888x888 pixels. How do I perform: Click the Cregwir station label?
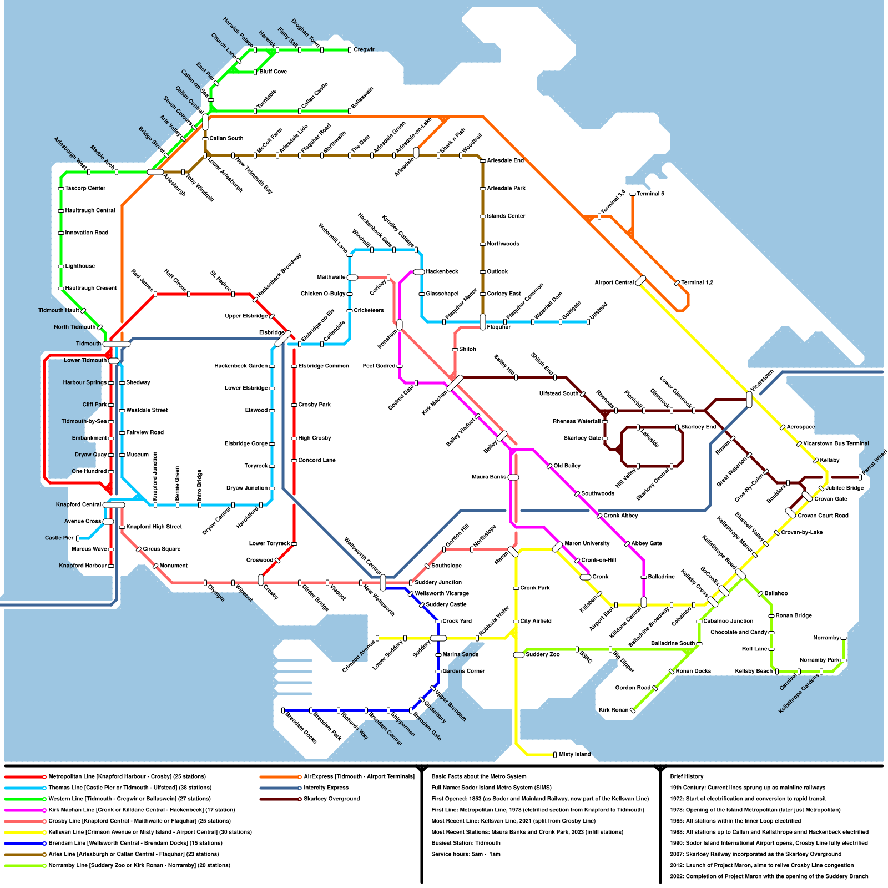pos(364,50)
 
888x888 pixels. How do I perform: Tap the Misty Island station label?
pos(575,755)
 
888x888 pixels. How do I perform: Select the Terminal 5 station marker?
pos(633,194)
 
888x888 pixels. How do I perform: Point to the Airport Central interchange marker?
pos(640,281)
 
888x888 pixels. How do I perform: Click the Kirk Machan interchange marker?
pos(455,383)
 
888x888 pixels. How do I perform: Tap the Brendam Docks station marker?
pos(283,710)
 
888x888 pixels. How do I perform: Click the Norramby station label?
pos(826,638)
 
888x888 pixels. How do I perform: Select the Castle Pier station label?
pos(59,538)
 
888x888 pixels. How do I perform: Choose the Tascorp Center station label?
pos(85,189)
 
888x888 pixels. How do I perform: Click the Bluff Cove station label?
pos(273,72)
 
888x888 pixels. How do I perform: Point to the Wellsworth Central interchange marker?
pos(383,583)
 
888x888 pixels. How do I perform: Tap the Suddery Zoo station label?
pos(543,655)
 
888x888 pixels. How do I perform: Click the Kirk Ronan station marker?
pos(633,710)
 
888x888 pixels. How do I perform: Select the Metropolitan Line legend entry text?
pos(127,776)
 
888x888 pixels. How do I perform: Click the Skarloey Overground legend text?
pos(331,799)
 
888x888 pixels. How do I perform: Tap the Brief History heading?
pos(687,776)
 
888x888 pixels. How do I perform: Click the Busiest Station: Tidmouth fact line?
pos(466,843)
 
